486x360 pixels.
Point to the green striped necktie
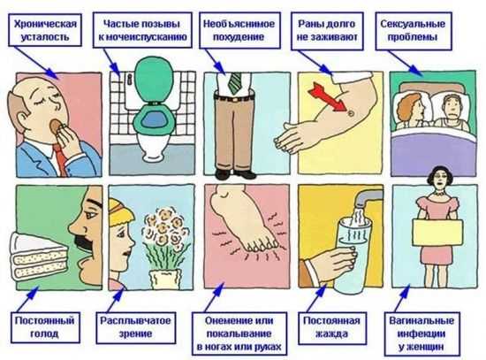click(x=235, y=82)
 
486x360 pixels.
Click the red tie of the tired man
click(x=62, y=159)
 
